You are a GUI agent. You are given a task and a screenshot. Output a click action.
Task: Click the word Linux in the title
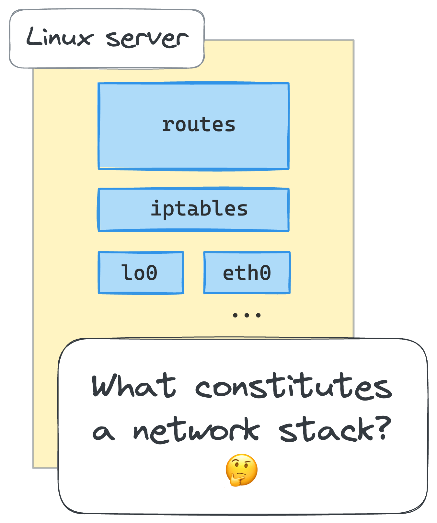(60, 37)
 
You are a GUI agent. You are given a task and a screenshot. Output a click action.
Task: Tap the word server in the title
(147, 39)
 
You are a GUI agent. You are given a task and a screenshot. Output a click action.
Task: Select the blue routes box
(193, 126)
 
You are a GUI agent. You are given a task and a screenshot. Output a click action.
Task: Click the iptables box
(193, 209)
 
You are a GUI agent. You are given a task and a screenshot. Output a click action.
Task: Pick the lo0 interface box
(141, 273)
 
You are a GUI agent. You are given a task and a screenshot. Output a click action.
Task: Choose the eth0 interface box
(247, 273)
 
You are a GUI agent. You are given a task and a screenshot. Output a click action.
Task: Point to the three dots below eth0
(247, 315)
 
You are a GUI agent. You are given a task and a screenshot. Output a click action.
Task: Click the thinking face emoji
(242, 470)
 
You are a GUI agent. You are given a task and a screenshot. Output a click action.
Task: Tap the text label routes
(199, 125)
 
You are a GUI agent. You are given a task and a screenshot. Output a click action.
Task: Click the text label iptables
(199, 209)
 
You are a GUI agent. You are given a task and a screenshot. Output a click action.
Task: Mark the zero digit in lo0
(151, 273)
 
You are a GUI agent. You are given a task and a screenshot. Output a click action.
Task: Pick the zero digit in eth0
(265, 273)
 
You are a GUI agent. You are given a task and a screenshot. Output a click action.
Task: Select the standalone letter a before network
(103, 432)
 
